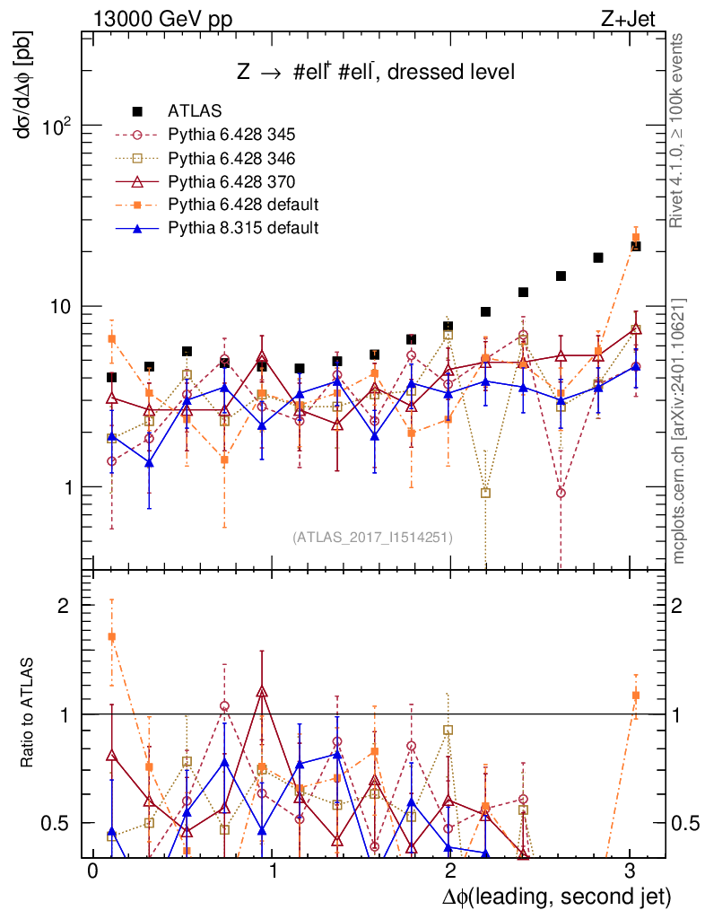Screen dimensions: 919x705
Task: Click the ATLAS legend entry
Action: [x=189, y=111]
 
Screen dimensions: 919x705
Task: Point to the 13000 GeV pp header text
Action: [x=161, y=17]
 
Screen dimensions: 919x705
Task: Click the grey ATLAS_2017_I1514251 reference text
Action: [x=372, y=538]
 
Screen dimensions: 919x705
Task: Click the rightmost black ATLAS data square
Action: [x=636, y=246]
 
